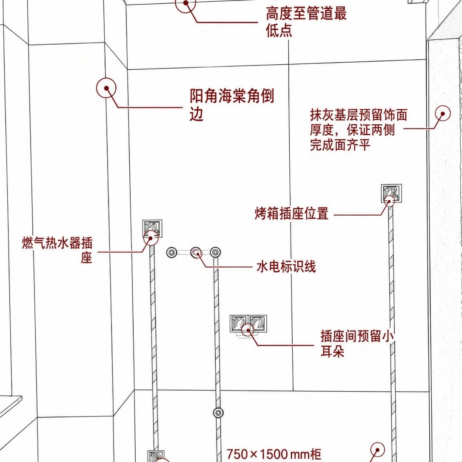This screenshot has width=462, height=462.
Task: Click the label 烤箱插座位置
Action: pos(291,213)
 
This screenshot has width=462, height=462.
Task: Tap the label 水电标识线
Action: pos(286,267)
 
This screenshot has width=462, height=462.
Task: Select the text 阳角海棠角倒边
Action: pos(232,105)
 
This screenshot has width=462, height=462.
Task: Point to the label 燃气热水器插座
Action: pos(57,250)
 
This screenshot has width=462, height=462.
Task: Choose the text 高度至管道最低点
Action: pos(306,22)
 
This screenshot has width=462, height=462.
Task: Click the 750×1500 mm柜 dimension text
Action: pos(274,454)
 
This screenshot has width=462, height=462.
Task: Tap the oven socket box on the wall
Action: pos(391,193)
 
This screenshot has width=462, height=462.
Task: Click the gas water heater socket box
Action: pos(152,228)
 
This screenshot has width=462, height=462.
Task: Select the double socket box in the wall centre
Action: pos(248,324)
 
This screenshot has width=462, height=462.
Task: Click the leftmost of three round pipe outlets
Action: pos(172,253)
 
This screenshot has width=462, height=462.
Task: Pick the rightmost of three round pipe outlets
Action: pos(215,253)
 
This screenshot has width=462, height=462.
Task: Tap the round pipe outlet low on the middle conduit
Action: pos(218,413)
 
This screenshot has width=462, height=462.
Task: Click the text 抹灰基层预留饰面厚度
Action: pos(358,123)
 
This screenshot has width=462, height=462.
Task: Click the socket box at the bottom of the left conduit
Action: pos(156,456)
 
